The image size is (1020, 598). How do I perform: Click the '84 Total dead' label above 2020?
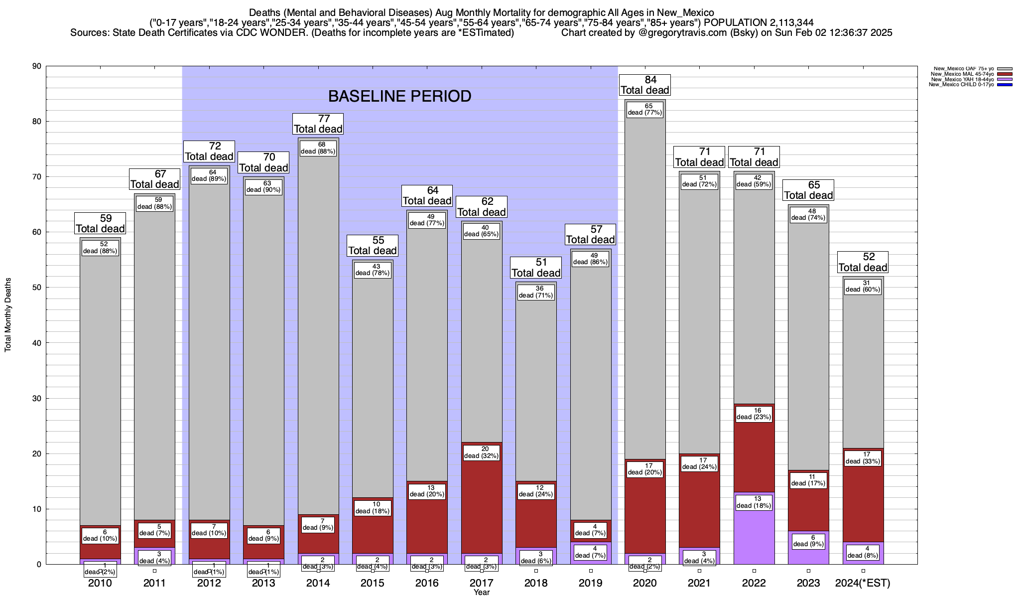click(645, 85)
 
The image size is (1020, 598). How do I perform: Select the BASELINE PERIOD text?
click(400, 96)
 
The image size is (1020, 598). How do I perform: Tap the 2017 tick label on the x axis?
click(482, 583)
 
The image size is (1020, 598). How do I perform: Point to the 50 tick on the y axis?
click(38, 288)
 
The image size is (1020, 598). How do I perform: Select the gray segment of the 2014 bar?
click(318, 324)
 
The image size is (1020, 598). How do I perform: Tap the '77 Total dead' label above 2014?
click(318, 124)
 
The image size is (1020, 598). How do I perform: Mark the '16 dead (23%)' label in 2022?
click(754, 414)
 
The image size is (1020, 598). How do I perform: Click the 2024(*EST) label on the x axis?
click(863, 583)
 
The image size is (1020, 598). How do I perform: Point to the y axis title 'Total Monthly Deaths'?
click(8, 315)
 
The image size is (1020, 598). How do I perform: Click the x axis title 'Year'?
click(482, 593)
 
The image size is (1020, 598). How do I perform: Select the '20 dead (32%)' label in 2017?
click(482, 452)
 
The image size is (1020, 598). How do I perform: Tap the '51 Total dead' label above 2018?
click(536, 268)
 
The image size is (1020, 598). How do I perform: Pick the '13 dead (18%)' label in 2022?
click(754, 502)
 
